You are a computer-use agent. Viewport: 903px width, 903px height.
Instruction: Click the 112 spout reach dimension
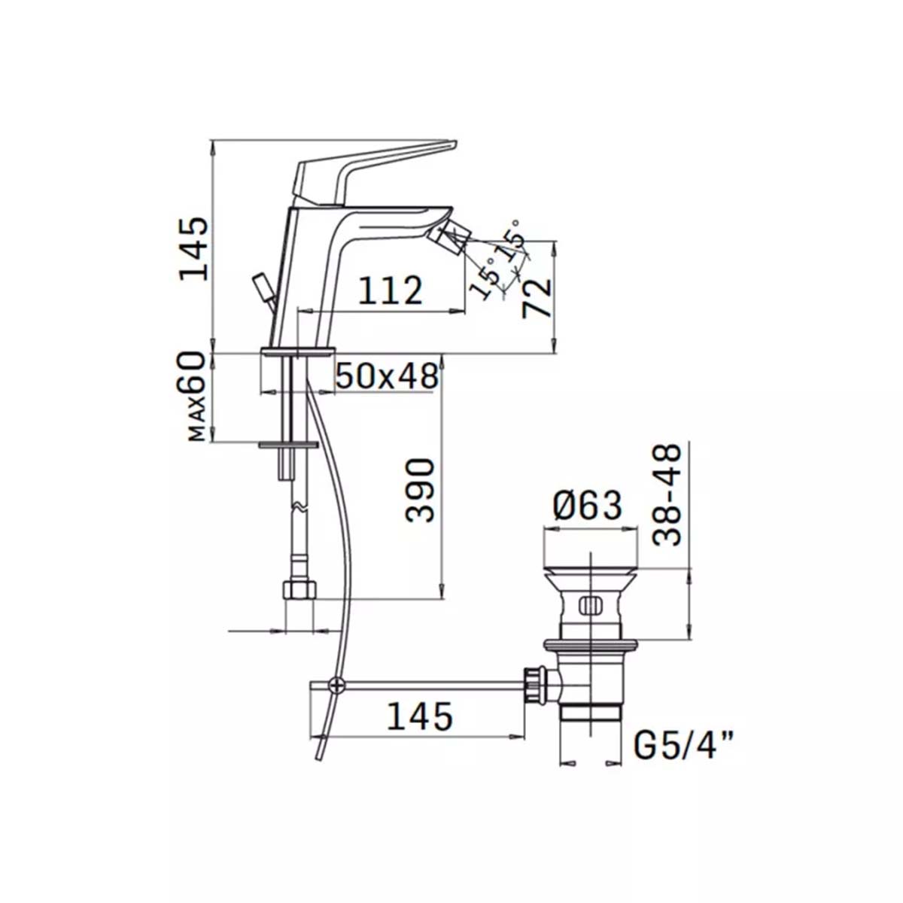(x=390, y=290)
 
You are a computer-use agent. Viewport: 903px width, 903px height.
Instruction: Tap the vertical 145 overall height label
(x=193, y=248)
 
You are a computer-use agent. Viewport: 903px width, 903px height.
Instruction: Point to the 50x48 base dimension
(x=387, y=375)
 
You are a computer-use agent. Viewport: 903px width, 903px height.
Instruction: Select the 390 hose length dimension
(x=420, y=490)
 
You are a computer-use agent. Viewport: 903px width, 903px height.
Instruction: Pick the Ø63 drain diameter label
(x=588, y=506)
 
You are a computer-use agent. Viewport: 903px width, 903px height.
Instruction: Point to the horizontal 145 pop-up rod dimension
(x=419, y=716)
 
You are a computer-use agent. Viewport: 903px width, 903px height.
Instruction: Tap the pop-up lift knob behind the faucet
(x=264, y=287)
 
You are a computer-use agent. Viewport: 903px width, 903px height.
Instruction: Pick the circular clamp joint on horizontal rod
(x=336, y=684)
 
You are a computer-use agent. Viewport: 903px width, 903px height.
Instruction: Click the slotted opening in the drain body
(x=590, y=604)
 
